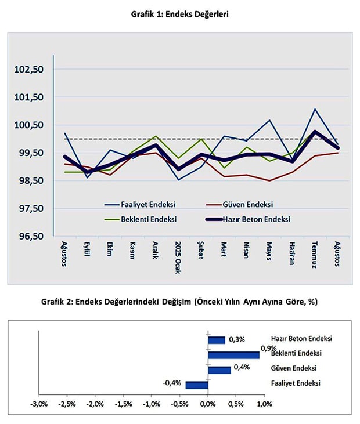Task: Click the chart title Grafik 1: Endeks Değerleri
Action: click(179, 15)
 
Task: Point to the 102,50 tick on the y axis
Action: click(30, 70)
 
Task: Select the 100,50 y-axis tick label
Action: click(30, 125)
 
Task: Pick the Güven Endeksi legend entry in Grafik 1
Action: click(247, 205)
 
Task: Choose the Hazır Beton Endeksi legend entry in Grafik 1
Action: click(256, 219)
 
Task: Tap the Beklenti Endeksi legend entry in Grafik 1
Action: click(149, 219)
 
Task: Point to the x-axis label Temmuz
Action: click(314, 254)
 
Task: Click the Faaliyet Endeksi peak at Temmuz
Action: click(315, 109)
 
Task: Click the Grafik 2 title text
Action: click(179, 302)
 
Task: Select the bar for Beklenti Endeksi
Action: click(233, 355)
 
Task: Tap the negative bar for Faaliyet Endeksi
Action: click(196, 385)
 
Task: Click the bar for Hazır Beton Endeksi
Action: click(216, 340)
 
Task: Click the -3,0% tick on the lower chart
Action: click(39, 404)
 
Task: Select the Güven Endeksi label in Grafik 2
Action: click(293, 368)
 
